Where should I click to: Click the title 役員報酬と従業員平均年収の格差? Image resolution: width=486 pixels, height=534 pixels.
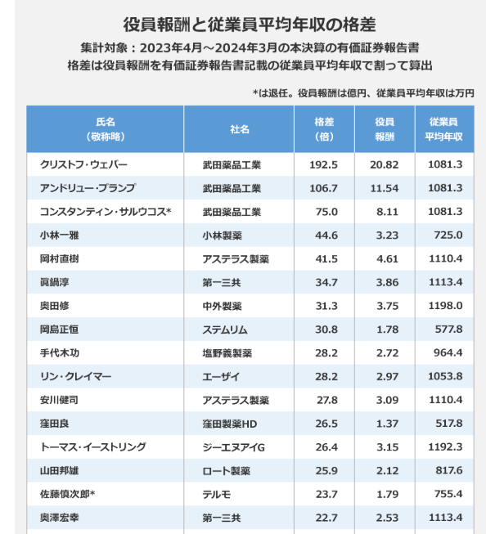click(250, 25)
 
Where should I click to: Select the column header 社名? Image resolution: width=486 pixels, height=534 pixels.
click(240, 129)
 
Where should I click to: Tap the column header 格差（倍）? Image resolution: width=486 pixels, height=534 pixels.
click(324, 129)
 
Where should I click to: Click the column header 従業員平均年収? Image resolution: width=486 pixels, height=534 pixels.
click(443, 129)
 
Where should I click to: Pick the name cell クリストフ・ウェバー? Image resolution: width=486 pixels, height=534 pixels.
click(83, 165)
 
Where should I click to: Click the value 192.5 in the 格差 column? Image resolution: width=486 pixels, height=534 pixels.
click(323, 165)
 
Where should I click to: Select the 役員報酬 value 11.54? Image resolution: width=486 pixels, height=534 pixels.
click(384, 188)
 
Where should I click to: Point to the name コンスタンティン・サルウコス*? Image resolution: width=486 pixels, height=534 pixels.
click(106, 212)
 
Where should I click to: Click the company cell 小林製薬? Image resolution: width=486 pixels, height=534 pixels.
click(223, 236)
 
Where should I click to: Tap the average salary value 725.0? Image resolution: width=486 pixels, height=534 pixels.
click(448, 235)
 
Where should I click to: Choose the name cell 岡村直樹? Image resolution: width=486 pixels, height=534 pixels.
click(59, 259)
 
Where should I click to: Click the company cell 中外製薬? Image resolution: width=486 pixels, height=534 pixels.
click(223, 306)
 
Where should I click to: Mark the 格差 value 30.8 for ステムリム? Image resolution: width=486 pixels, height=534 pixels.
click(326, 330)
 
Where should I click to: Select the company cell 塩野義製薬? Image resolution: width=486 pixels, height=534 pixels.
click(227, 352)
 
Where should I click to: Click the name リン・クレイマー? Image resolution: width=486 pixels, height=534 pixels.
click(75, 376)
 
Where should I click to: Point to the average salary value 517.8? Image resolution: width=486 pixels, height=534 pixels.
click(449, 424)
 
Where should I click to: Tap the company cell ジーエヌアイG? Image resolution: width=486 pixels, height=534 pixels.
click(233, 446)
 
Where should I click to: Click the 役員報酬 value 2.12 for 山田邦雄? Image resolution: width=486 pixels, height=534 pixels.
click(387, 470)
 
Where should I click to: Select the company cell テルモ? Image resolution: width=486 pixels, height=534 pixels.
click(217, 494)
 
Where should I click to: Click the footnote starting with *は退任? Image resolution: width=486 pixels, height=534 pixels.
click(363, 93)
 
